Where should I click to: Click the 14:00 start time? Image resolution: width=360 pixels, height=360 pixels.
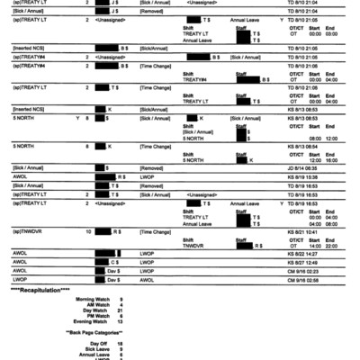pyautogui.click(x=313, y=245)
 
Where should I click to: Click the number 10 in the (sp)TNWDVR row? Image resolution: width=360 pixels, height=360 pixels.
pyautogui.click(x=87, y=231)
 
